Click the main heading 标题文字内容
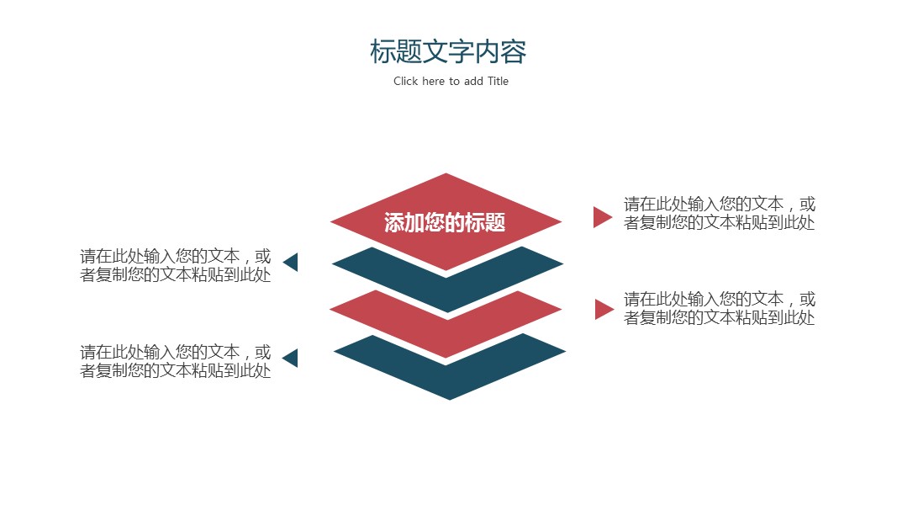(448, 52)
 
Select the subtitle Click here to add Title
(451, 82)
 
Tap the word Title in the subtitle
(498, 82)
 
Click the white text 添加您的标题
(445, 223)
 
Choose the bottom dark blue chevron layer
(450, 375)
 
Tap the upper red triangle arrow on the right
(601, 217)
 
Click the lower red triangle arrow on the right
(603, 309)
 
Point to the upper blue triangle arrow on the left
(292, 262)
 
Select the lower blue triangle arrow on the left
(291, 358)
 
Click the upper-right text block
(720, 214)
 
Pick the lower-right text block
(720, 308)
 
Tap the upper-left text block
(176, 266)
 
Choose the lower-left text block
(176, 361)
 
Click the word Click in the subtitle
(405, 82)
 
